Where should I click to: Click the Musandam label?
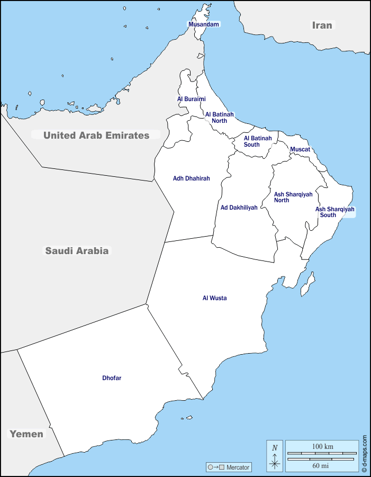pos(204,24)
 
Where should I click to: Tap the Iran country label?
pos(322,25)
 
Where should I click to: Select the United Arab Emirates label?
pos(96,135)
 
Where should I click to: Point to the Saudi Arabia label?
pos(77,250)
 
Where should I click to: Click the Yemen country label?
pos(26,434)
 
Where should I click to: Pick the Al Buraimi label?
pos(191,99)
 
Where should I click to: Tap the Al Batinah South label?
pos(258,141)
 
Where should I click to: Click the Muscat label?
pos(300,149)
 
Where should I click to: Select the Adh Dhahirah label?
pos(191,178)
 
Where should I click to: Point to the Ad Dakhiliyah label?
pos(239,208)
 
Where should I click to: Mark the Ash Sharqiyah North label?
pos(293,197)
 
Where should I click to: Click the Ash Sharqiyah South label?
pos(334,212)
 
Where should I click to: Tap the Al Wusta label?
pos(214,298)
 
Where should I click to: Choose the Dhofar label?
pos(112,378)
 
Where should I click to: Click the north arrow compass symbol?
pos(275,456)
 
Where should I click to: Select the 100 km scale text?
pos(322,447)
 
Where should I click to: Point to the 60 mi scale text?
pos(321,466)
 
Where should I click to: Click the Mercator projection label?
pos(229,467)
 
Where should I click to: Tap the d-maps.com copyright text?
pos(365,454)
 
